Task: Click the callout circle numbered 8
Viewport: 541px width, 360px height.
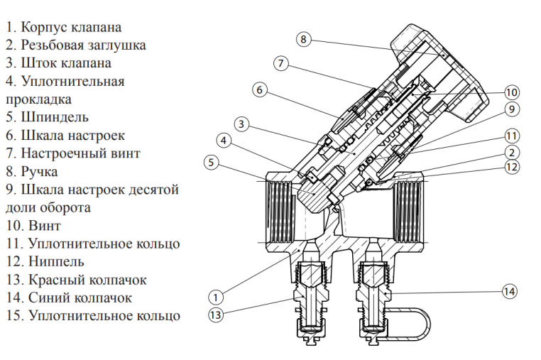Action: tap(303, 40)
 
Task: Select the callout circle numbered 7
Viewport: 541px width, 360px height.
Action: tap(281, 64)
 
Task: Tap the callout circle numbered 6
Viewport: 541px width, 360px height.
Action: tap(260, 90)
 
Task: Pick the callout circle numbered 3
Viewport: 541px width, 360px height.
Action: tap(241, 124)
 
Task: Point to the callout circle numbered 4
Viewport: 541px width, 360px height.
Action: tap(224, 141)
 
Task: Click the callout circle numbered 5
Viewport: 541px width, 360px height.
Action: tap(210, 163)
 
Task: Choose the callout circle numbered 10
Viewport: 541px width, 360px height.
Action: tap(512, 92)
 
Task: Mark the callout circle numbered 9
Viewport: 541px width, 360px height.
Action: tap(511, 109)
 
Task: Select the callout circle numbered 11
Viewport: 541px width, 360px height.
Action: tap(512, 136)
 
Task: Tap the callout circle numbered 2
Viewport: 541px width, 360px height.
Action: tap(511, 152)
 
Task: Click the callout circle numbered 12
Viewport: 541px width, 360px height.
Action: tap(512, 168)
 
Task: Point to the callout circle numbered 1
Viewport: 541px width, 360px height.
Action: tap(218, 295)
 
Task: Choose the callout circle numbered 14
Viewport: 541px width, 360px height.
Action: tap(508, 291)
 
